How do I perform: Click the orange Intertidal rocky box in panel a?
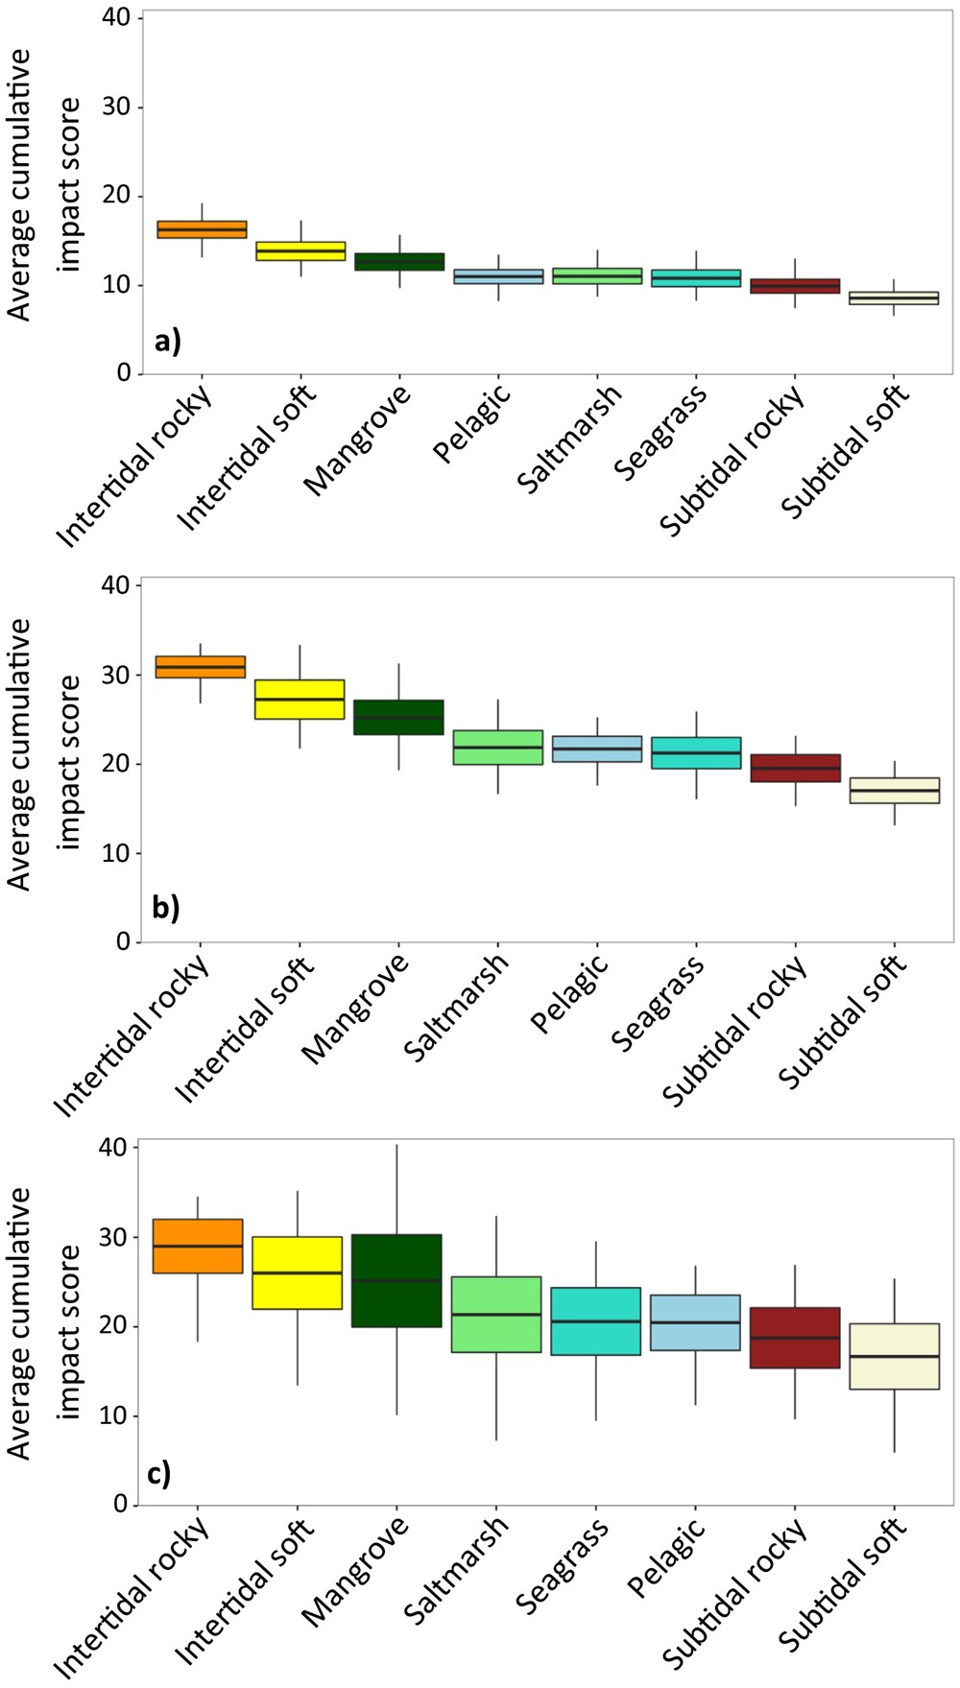click(202, 229)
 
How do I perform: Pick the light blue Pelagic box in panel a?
click(497, 276)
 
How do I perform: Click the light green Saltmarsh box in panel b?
click(497, 747)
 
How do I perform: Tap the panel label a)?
click(166, 340)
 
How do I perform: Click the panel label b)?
click(166, 907)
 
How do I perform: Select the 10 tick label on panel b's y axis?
click(115, 853)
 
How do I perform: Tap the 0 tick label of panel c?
click(119, 1505)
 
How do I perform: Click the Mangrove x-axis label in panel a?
click(358, 440)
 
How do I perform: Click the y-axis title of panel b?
click(44, 755)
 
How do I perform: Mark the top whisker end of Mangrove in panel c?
click(396, 1145)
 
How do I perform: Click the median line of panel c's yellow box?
click(298, 1272)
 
